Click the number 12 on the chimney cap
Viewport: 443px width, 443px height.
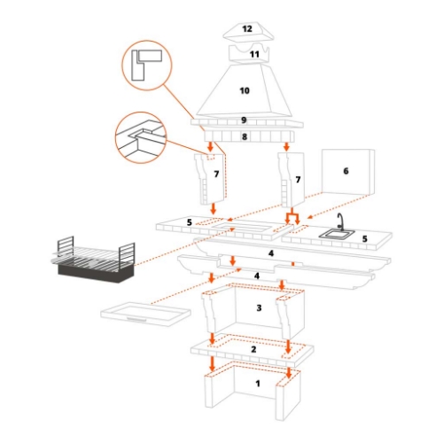pyautogui.click(x=247, y=29)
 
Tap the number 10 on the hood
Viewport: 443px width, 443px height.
pyautogui.click(x=245, y=90)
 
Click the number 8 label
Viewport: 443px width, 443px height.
pyautogui.click(x=245, y=136)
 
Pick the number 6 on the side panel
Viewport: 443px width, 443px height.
pyautogui.click(x=346, y=170)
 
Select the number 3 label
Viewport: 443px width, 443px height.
pyautogui.click(x=259, y=308)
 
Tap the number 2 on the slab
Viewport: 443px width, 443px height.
pyautogui.click(x=254, y=350)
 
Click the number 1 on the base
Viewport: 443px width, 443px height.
pyautogui.click(x=258, y=385)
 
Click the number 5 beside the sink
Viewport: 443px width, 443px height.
pyautogui.click(x=364, y=239)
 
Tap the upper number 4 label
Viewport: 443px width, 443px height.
pyautogui.click(x=271, y=254)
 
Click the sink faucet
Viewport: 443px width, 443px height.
pyautogui.click(x=339, y=221)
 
